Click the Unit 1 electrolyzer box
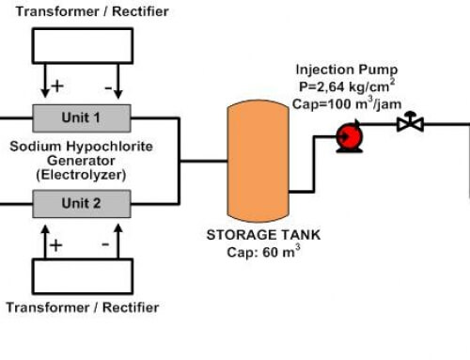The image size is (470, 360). (x=82, y=117)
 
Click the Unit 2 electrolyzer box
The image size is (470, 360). (x=82, y=203)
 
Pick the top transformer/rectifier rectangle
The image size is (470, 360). (x=82, y=45)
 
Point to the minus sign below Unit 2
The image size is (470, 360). (x=105, y=243)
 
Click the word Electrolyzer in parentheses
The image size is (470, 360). (x=82, y=174)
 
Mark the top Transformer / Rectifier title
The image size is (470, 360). (x=80, y=10)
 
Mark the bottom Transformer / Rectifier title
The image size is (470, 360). (x=80, y=307)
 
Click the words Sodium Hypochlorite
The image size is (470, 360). (x=82, y=148)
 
